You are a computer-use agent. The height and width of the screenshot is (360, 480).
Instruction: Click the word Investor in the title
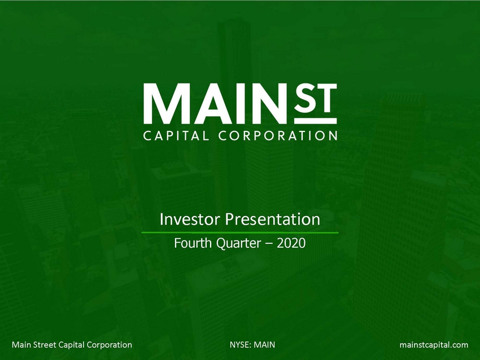(x=187, y=218)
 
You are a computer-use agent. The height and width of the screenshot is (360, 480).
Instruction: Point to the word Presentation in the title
(x=269, y=218)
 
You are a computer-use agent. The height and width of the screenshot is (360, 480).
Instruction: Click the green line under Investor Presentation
(x=239, y=232)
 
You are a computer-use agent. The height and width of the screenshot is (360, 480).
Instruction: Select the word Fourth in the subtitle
(x=190, y=244)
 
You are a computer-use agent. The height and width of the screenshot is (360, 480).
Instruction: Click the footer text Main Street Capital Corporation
(x=72, y=344)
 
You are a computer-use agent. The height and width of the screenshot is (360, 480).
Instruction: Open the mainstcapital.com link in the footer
(x=434, y=344)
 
